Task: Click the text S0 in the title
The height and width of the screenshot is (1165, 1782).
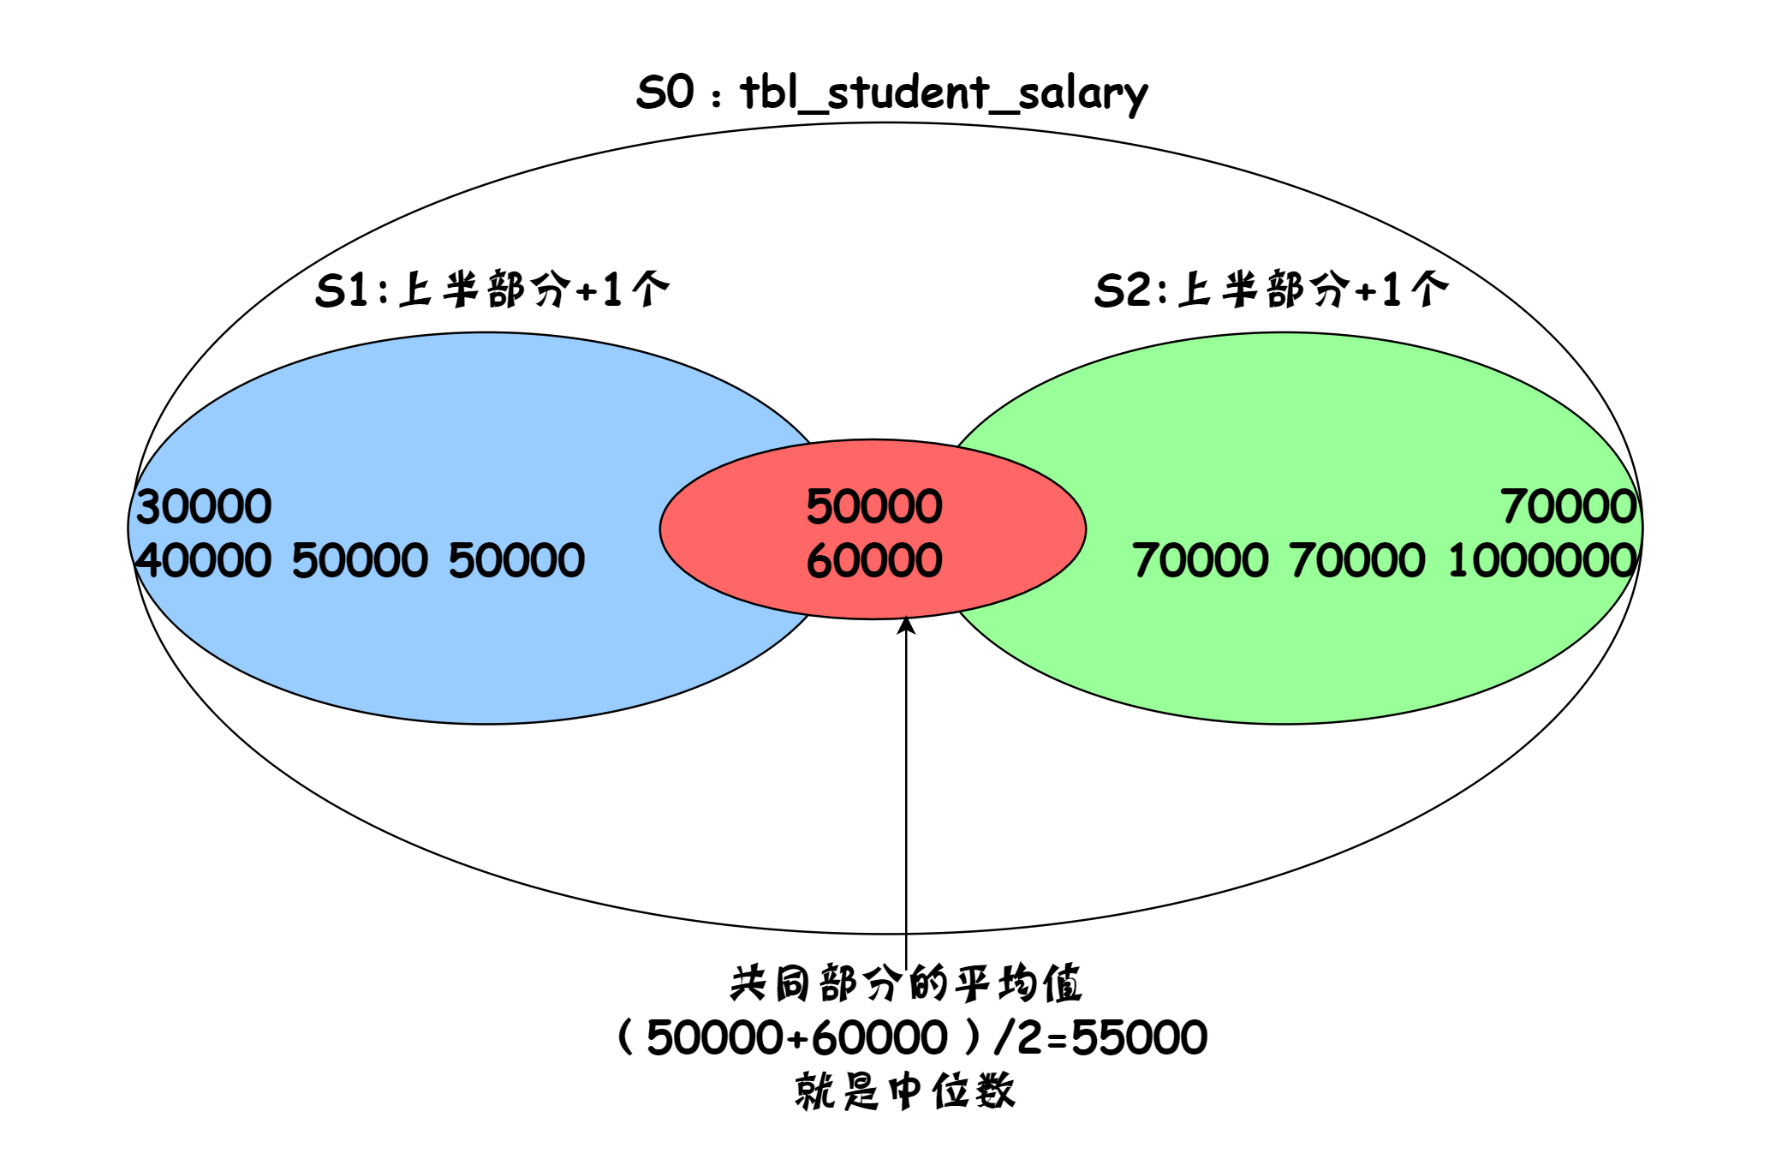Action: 665,92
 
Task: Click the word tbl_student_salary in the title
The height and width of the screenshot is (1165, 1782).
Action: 943,93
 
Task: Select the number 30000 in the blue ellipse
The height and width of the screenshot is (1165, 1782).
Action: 204,506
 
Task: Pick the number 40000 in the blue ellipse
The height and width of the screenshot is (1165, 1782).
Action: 204,561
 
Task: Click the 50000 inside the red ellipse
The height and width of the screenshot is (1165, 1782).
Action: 873,506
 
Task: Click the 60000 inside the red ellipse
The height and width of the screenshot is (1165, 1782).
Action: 873,561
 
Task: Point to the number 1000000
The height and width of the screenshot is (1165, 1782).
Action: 1542,561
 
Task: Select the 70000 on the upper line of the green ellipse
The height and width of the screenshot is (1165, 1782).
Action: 1568,506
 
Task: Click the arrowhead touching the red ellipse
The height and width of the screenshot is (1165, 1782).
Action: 906,625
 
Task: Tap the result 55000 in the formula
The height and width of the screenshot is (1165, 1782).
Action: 1139,1037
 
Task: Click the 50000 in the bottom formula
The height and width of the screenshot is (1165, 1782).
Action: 714,1037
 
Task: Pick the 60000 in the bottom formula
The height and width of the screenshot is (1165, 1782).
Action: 879,1037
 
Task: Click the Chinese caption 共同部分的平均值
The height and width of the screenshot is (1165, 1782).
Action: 906,983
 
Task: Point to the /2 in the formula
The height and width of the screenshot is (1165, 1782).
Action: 1016,1037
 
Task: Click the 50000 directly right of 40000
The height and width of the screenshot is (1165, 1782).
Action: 360,561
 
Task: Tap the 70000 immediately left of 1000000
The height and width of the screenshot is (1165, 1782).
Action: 1357,561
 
